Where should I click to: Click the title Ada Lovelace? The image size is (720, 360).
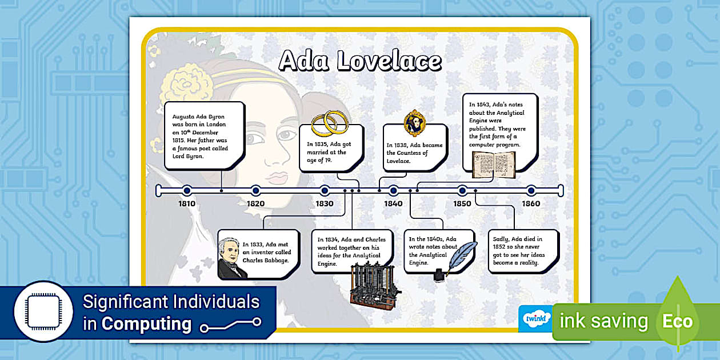coord(360,61)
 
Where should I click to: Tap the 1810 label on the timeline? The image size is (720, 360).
coord(187,203)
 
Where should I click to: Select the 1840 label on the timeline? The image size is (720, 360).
coord(393,203)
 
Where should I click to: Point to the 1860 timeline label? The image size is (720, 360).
coord(531,203)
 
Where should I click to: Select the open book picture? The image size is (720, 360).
coord(493,164)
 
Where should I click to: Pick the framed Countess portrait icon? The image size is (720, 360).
coord(414,122)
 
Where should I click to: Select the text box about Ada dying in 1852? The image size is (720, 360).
coord(522,251)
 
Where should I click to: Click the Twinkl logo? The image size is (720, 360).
coord(535,318)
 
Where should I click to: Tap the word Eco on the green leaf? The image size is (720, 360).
coord(677,321)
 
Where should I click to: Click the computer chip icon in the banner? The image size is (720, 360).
coord(43,311)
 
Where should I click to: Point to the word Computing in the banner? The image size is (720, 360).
coord(146,324)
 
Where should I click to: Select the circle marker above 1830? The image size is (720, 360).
coord(325,190)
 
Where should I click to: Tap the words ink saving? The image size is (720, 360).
coord(604,321)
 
